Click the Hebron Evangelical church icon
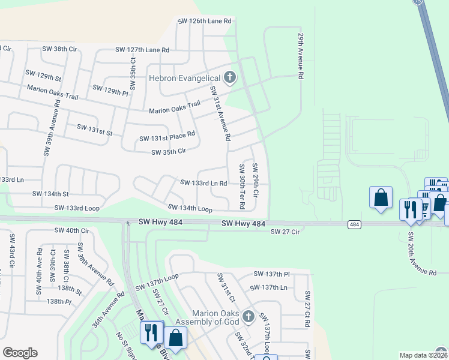pyautogui.click(x=229, y=77)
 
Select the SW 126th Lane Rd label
pyautogui.click(x=204, y=21)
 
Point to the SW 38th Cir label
pyautogui.click(x=59, y=49)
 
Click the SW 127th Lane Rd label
pyautogui.click(x=142, y=50)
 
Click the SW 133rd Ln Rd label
pyautogui.click(x=203, y=183)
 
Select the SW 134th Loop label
pyautogui.click(x=190, y=208)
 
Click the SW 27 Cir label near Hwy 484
pyautogui.click(x=285, y=232)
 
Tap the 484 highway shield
pyautogui.click(x=354, y=224)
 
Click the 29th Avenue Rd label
pyautogui.click(x=300, y=56)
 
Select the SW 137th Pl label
pyautogui.click(x=271, y=274)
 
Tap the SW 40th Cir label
pyautogui.click(x=71, y=230)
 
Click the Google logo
pyautogui.click(x=20, y=353)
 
